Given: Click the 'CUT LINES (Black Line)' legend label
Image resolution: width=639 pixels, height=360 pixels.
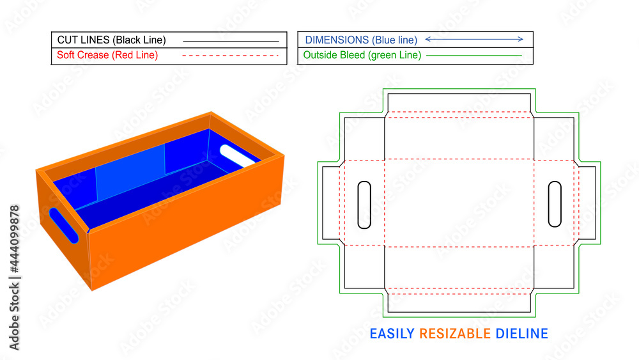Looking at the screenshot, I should point(111,40).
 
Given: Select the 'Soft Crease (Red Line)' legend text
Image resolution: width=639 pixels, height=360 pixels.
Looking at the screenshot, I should point(107,55).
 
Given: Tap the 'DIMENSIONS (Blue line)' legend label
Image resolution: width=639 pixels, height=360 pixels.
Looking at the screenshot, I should point(360,40).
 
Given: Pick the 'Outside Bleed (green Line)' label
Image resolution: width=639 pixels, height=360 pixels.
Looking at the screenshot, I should point(362,55).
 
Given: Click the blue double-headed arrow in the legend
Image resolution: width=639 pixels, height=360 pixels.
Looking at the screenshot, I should point(474,40).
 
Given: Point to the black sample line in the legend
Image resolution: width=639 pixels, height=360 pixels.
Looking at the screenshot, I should point(231,40).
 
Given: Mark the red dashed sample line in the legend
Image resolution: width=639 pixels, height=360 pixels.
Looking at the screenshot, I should point(231,56).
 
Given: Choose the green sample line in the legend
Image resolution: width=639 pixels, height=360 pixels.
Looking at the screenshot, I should point(473,56).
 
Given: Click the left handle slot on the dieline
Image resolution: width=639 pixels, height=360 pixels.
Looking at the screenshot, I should point(364,205).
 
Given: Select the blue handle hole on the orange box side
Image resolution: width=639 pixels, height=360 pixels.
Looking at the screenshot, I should point(63,225).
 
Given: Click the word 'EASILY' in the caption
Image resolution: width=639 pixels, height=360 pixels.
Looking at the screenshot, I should point(392,334).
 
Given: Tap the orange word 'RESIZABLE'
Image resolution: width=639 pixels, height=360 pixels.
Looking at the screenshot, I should point(455,334).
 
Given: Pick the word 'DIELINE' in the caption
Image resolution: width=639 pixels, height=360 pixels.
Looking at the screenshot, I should point(521,334).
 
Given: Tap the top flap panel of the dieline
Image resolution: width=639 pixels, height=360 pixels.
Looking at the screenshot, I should point(459,102).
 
